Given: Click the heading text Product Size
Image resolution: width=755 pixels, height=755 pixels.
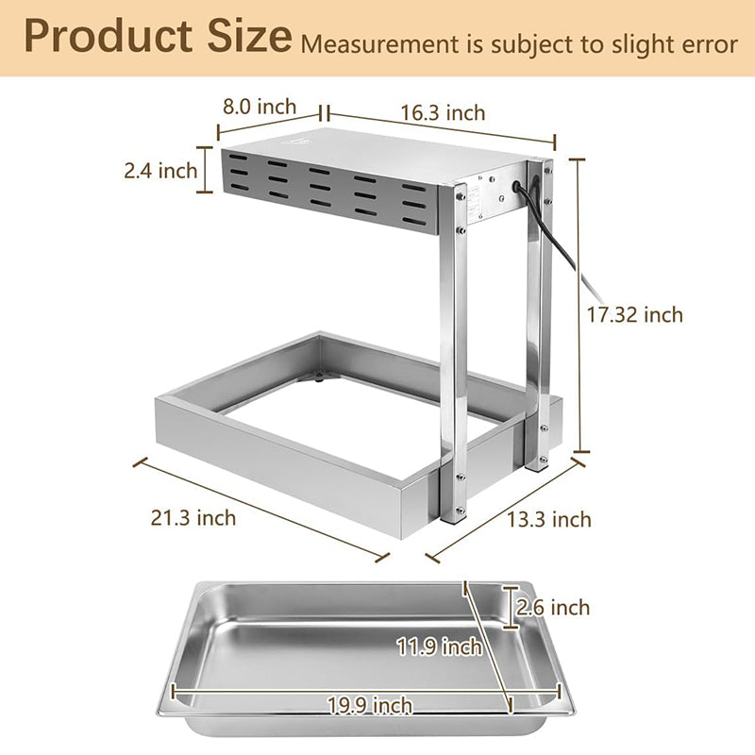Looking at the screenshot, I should pos(158,38).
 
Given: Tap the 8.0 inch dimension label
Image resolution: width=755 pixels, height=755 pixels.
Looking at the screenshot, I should pos(260,107).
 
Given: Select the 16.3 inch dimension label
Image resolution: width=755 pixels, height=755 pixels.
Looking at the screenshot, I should pos(443,113).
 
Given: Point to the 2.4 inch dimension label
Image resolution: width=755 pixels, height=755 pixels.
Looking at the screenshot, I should pos(160,171).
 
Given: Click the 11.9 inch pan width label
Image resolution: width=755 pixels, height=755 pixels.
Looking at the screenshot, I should pos(440,647).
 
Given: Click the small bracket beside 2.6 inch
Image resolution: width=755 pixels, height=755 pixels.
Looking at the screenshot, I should pos(511,606).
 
